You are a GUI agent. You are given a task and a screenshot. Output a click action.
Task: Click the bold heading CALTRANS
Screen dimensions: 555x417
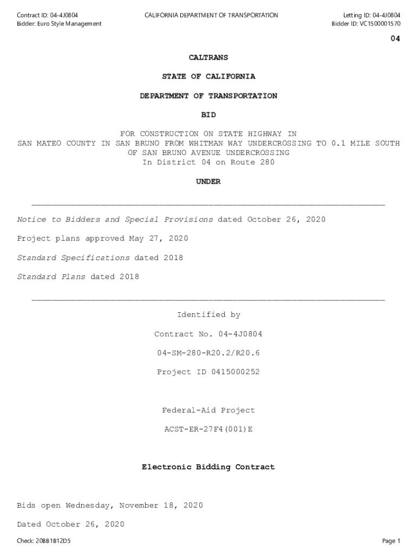(208, 57)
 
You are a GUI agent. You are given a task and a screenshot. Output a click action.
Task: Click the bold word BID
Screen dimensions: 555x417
(208, 115)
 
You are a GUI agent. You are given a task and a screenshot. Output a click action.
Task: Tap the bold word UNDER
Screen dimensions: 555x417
(208, 182)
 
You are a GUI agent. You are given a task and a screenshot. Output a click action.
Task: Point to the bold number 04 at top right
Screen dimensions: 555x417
(395, 39)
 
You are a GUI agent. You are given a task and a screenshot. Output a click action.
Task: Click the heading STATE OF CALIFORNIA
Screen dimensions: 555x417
(208, 77)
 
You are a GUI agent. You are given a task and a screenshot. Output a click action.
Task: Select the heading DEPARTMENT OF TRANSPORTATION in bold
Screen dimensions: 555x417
(208, 96)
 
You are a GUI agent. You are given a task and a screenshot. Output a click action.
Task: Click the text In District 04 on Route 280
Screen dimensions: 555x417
(208, 163)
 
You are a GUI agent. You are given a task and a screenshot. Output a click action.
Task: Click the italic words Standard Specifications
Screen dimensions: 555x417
(73, 258)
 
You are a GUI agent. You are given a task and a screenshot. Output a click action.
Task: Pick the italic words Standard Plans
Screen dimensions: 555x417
(51, 277)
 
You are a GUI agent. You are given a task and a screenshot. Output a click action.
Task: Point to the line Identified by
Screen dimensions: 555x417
(208, 315)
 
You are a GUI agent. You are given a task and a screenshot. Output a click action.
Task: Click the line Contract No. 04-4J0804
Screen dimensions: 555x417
(208, 334)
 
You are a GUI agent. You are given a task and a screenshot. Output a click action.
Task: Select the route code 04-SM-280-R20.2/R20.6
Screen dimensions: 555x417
(208, 353)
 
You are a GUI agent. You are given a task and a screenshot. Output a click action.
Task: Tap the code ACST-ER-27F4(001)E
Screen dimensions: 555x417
(208, 429)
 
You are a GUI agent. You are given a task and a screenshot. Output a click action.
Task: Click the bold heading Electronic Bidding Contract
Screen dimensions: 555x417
(208, 467)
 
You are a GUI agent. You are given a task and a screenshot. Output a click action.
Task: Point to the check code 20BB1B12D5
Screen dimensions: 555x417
(53, 541)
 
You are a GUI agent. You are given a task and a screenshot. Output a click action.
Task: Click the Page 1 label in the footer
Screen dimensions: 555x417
(390, 541)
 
